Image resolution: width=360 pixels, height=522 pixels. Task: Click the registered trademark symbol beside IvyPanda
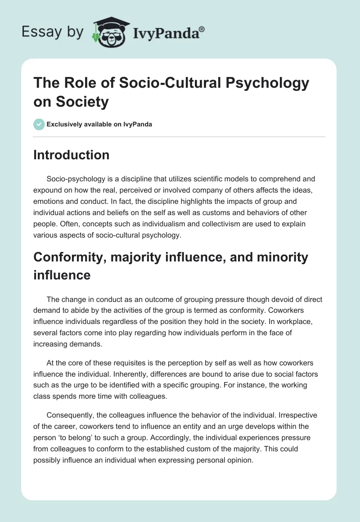202,29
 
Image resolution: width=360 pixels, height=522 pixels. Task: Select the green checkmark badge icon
39,124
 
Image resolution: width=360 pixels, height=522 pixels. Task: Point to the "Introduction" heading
72,155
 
